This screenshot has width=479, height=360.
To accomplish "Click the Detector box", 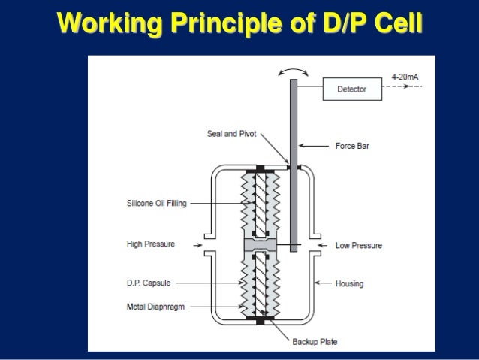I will click(351, 89).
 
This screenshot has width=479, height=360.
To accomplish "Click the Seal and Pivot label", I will click(231, 135).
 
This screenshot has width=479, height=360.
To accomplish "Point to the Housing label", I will click(350, 283).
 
